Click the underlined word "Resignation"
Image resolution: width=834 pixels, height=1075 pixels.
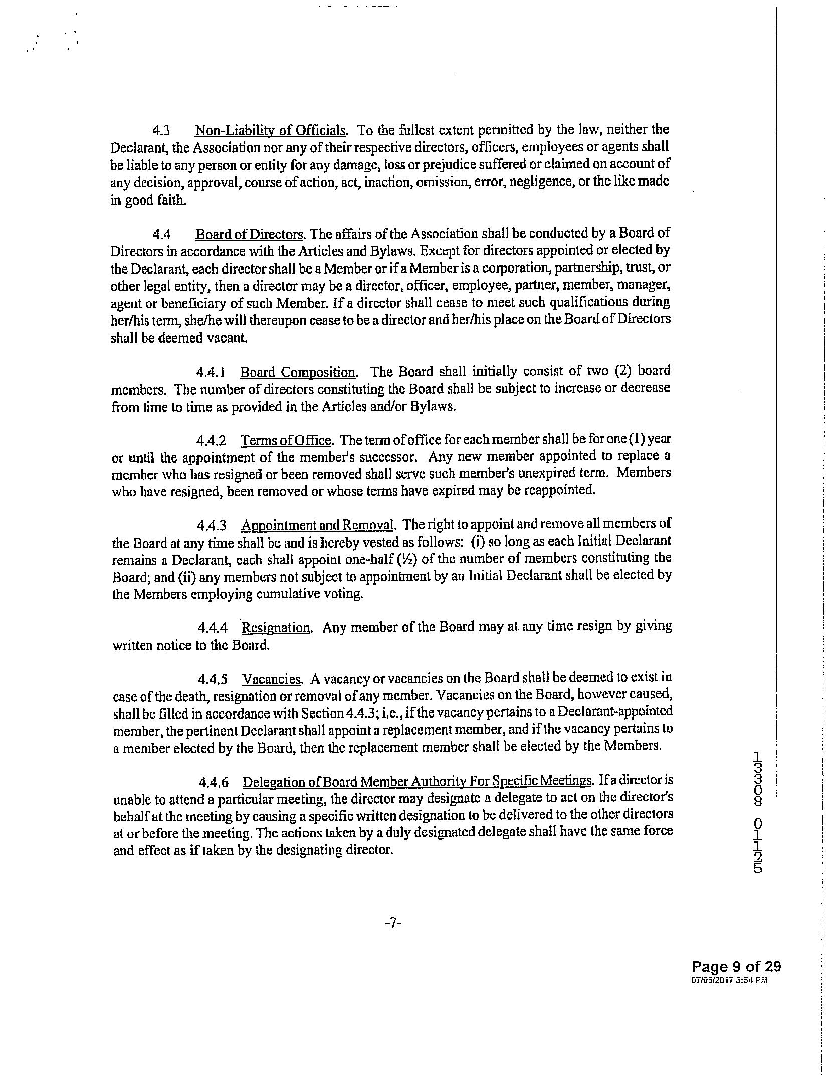click(x=276, y=628)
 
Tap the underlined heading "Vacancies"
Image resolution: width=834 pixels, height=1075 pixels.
click(x=272, y=679)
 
